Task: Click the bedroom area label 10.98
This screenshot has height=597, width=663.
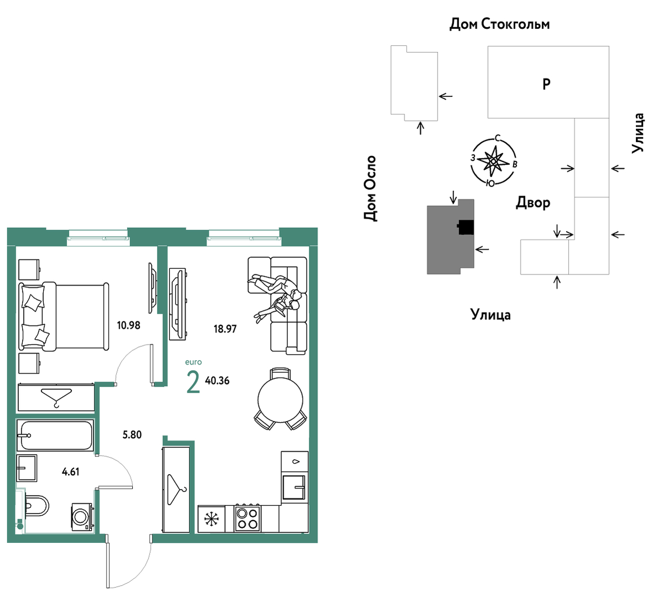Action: click(x=128, y=325)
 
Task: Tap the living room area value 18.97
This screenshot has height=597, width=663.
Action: click(x=225, y=329)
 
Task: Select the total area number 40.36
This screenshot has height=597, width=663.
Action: click(x=217, y=381)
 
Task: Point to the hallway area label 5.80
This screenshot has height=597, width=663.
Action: click(x=132, y=435)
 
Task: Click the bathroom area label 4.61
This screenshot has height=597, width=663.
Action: click(x=71, y=471)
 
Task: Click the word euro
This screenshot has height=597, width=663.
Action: click(x=194, y=362)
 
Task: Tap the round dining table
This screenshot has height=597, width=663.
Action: click(x=281, y=399)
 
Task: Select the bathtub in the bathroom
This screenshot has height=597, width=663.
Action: click(x=55, y=435)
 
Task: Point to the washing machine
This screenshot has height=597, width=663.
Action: click(x=82, y=517)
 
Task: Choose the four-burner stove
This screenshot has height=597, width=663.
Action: click(x=248, y=518)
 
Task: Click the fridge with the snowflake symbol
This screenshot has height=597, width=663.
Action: click(x=211, y=519)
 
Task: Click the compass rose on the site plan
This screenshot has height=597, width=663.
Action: click(x=494, y=162)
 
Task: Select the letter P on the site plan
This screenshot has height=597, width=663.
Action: click(x=546, y=84)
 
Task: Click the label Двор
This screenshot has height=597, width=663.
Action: click(x=533, y=203)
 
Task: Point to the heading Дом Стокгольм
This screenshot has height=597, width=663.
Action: click(x=499, y=24)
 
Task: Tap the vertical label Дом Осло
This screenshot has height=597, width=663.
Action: click(x=370, y=188)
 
